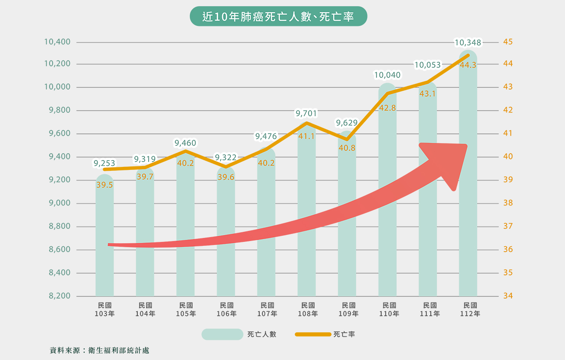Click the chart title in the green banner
click(x=278, y=17)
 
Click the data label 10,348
click(x=468, y=43)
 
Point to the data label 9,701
click(x=306, y=114)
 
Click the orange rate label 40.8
click(x=347, y=148)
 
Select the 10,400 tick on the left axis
click(x=57, y=42)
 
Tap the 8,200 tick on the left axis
click(x=60, y=296)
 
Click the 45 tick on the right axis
click(x=508, y=42)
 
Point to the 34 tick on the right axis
click(x=508, y=296)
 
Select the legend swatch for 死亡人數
click(x=222, y=334)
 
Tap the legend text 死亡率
click(x=344, y=334)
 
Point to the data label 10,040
click(x=387, y=75)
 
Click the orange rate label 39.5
click(x=104, y=185)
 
